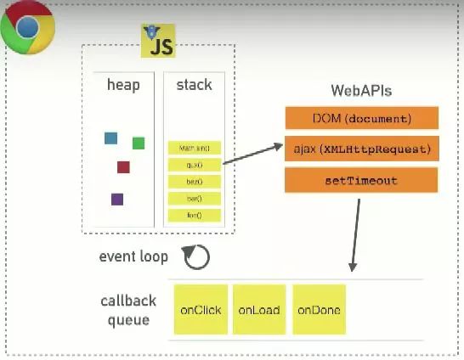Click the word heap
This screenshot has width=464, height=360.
[x=122, y=85]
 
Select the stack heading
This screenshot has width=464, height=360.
[x=194, y=85]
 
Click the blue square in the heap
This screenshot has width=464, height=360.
[x=110, y=138]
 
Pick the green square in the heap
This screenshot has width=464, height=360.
[x=139, y=143]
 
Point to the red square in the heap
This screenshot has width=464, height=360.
[x=123, y=166]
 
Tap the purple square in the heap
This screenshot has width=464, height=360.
[x=117, y=199]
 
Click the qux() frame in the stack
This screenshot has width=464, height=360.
[x=195, y=165]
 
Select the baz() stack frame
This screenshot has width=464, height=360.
[x=195, y=182]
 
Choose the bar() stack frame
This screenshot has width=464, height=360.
[x=195, y=199]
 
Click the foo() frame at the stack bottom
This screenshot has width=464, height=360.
[x=195, y=215]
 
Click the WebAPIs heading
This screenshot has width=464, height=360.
[x=360, y=91]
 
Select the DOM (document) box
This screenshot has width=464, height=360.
[x=360, y=118]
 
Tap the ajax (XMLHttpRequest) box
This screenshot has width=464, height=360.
[x=360, y=149]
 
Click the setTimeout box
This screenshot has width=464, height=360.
[x=360, y=180]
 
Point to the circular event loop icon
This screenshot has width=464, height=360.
[x=197, y=257]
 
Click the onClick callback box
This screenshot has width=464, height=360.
[x=201, y=310]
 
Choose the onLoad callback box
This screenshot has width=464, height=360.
[x=259, y=310]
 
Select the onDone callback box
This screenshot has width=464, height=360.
[x=319, y=310]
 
